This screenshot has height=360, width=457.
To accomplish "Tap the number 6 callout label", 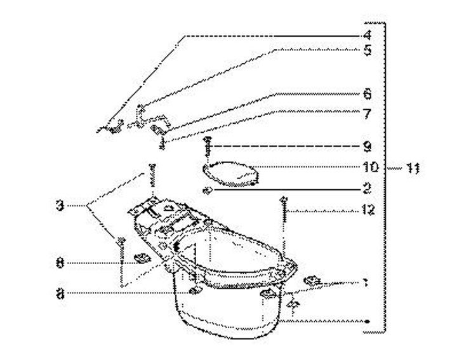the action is (x=367, y=94).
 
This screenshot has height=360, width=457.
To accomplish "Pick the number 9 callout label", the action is (x=367, y=146).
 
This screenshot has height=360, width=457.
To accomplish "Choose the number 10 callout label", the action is (x=370, y=167).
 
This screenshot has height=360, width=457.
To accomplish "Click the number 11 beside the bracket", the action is (x=413, y=168).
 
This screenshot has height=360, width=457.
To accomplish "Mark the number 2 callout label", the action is (x=367, y=189).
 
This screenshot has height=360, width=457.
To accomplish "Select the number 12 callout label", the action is (x=368, y=210).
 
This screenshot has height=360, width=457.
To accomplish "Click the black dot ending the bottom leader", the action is (x=368, y=322).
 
